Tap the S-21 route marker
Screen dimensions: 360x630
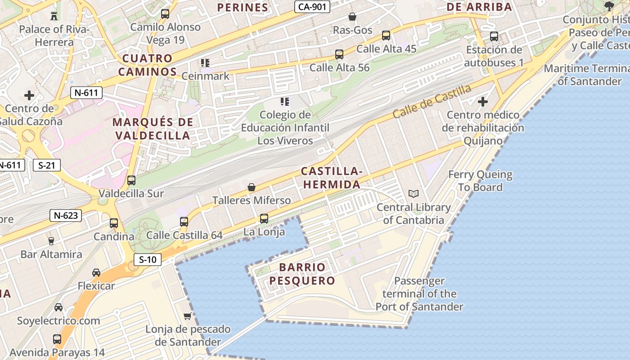[x=47, y=165]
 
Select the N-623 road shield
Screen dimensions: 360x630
[x=66, y=216]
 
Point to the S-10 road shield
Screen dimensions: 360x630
[x=148, y=259]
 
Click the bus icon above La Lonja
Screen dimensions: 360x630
[x=264, y=219]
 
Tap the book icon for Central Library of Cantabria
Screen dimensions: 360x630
[x=414, y=193]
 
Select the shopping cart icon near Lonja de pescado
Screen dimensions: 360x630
[x=188, y=316]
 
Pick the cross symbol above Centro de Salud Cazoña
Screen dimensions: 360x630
[x=29, y=95]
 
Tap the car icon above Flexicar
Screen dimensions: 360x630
[x=96, y=272]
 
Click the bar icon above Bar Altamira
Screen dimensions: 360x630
[x=51, y=241]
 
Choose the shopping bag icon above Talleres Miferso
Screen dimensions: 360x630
[x=252, y=187]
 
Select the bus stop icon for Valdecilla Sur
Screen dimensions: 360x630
[x=131, y=180]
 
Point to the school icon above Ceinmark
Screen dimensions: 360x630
[x=205, y=63]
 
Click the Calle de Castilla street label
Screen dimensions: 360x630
[x=432, y=101]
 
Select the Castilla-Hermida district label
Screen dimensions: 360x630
[x=332, y=178]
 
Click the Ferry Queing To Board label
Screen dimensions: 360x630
[x=480, y=180]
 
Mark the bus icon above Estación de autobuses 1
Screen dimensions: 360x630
[x=494, y=36]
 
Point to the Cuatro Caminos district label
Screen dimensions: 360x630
[x=148, y=65]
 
